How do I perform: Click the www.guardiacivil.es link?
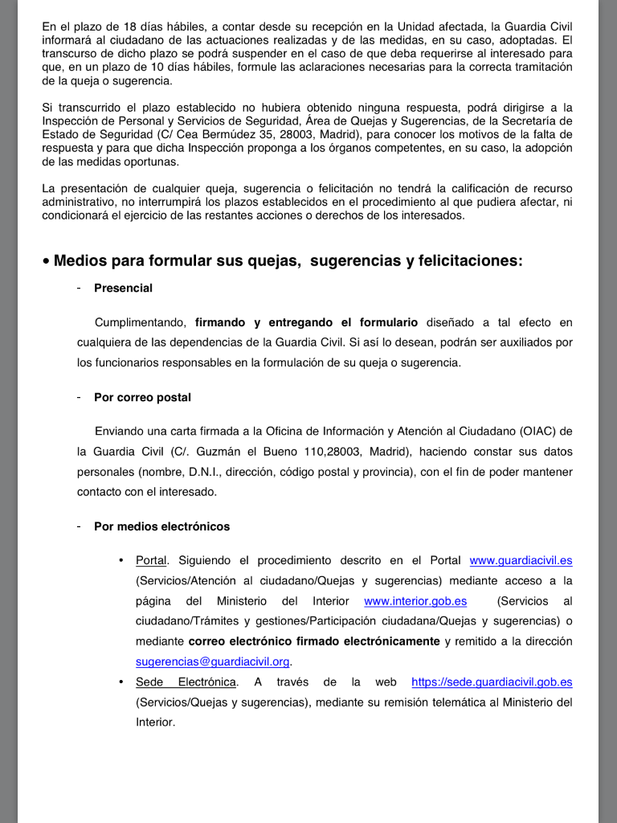pyautogui.click(x=521, y=560)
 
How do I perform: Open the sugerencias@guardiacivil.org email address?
pyautogui.click(x=212, y=661)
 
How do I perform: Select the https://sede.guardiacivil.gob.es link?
pyautogui.click(x=492, y=682)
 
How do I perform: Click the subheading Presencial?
pyautogui.click(x=123, y=288)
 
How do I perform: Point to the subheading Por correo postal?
pyautogui.click(x=142, y=397)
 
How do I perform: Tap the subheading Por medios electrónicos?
pyautogui.click(x=161, y=526)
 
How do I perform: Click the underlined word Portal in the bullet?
pyautogui.click(x=151, y=560)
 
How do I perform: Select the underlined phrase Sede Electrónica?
pyautogui.click(x=186, y=682)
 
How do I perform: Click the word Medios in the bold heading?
pyautogui.click(x=80, y=261)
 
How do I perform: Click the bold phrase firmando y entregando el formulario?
pyautogui.click(x=306, y=322)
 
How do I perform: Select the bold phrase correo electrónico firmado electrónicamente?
pyautogui.click(x=314, y=641)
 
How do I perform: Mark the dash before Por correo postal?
pyautogui.click(x=79, y=397)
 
